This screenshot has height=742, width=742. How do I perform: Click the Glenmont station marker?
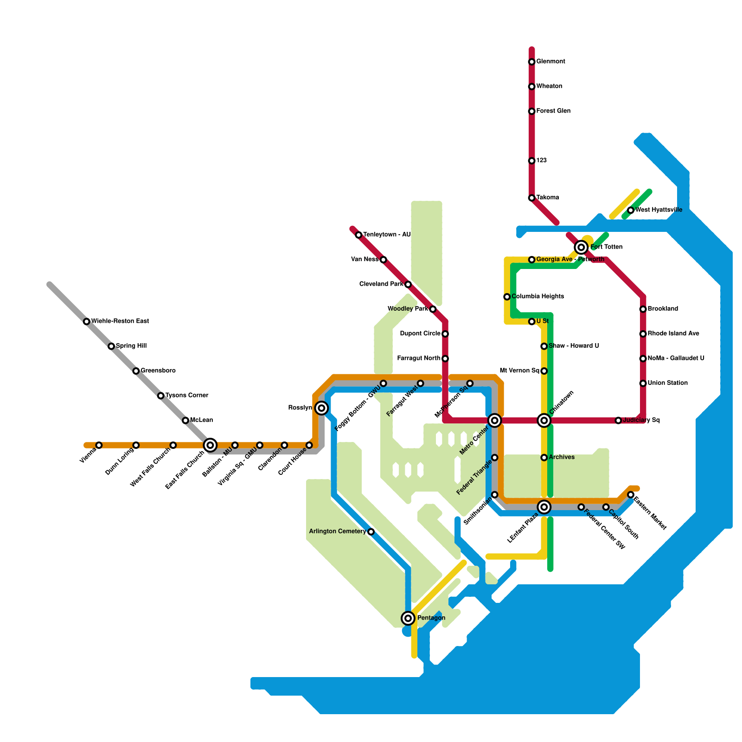pyautogui.click(x=531, y=62)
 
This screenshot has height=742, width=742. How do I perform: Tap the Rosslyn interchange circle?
pyautogui.click(x=321, y=408)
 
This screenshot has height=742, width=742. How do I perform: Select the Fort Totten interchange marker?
pyautogui.click(x=581, y=247)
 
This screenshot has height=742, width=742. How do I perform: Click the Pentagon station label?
pyautogui.click(x=431, y=618)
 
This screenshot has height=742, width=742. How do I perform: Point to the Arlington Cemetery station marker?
pyautogui.click(x=371, y=531)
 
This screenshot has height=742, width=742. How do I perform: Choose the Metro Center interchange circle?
pyautogui.click(x=495, y=421)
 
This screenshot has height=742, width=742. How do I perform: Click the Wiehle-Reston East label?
pyautogui.click(x=120, y=321)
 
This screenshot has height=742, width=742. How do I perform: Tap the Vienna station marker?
pyautogui.click(x=99, y=445)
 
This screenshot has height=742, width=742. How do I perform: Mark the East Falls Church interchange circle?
pyautogui.click(x=210, y=445)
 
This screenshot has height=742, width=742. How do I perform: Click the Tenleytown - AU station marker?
pyautogui.click(x=358, y=235)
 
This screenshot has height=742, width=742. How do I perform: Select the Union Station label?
pyautogui.click(x=667, y=383)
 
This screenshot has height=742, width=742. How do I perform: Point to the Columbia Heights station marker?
pyautogui.click(x=507, y=297)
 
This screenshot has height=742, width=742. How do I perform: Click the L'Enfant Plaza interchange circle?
pyautogui.click(x=544, y=507)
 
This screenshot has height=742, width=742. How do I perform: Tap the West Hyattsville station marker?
pyautogui.click(x=631, y=211)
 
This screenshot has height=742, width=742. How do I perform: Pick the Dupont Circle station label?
pyautogui.click(x=420, y=334)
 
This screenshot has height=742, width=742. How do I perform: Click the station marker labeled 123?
pyautogui.click(x=531, y=161)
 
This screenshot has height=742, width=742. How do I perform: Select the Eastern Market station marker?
pyautogui.click(x=631, y=495)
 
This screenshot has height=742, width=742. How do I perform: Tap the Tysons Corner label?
pyautogui.click(x=186, y=396)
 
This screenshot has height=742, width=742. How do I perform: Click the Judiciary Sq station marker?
pyautogui.click(x=618, y=421)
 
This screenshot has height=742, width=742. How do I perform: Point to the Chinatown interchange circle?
pyautogui.click(x=544, y=421)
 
